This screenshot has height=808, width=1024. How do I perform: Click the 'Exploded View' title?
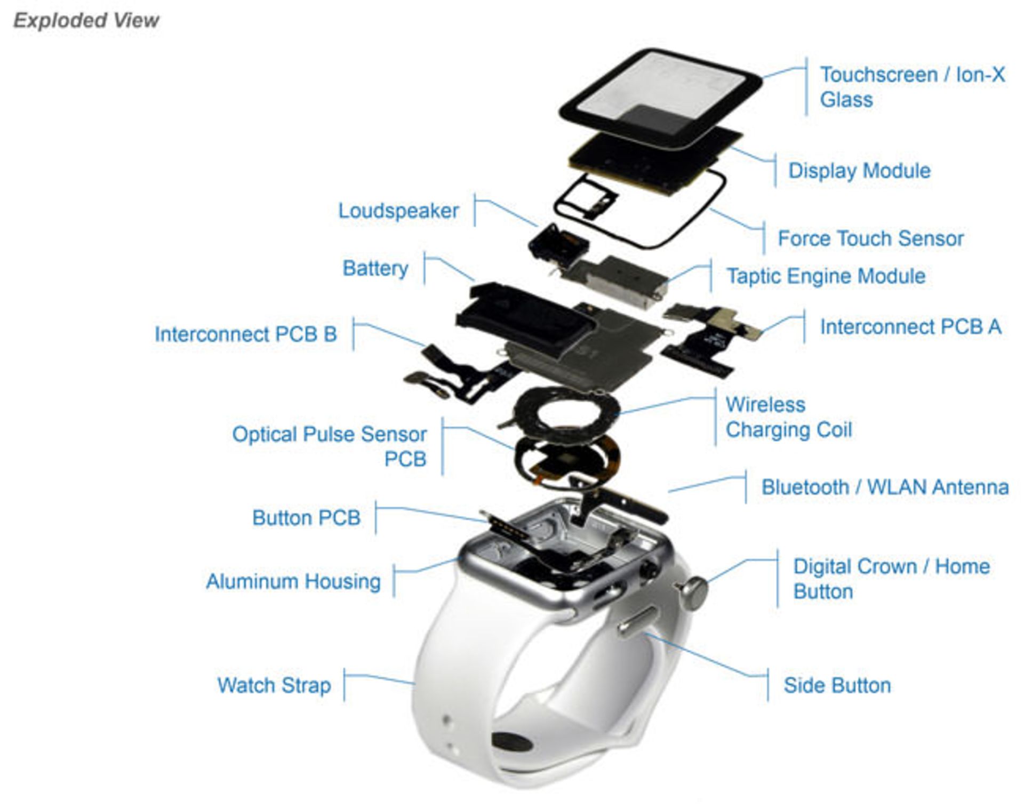pyautogui.click(x=86, y=20)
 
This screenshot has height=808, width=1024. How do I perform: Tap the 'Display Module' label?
pyautogui.click(x=859, y=171)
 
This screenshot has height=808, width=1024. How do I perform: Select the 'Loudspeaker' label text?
pyautogui.click(x=398, y=211)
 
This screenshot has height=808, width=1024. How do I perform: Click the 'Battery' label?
pyautogui.click(x=375, y=268)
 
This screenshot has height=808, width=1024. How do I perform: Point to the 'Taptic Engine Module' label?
pyautogui.click(x=826, y=276)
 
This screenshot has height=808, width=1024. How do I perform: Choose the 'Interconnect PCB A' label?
pyautogui.click(x=910, y=326)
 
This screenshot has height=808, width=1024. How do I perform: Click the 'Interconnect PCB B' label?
pyautogui.click(x=246, y=334)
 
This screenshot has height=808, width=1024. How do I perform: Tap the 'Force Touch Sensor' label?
pyautogui.click(x=870, y=238)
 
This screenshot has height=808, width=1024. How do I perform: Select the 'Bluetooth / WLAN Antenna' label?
pyautogui.click(x=885, y=487)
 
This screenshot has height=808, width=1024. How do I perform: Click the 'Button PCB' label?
pyautogui.click(x=306, y=517)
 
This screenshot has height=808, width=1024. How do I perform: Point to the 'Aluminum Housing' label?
pyautogui.click(x=293, y=581)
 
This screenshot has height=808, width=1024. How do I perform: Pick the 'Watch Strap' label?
pyautogui.click(x=274, y=685)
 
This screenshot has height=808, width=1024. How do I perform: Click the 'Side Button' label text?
pyautogui.click(x=837, y=685)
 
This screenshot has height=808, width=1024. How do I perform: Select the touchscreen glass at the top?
pyautogui.click(x=661, y=91)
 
